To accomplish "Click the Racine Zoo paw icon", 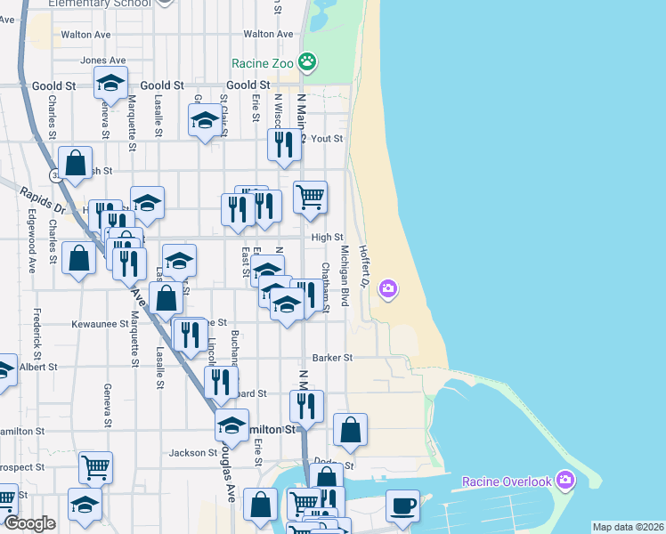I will coord(307,62).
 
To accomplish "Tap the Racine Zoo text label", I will coord(262,63).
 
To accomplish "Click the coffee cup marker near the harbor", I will coord(402,506).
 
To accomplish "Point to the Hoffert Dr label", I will coord(363,266).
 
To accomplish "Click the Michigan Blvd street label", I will coord(345,285).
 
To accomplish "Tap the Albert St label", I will coord(37,367).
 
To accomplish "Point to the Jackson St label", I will coord(188,453).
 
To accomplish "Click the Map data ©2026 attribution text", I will coord(627,527).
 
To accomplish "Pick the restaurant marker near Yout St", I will coord(283,145).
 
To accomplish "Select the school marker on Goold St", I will coord(110,84).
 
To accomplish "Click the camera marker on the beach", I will coord(387,288).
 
